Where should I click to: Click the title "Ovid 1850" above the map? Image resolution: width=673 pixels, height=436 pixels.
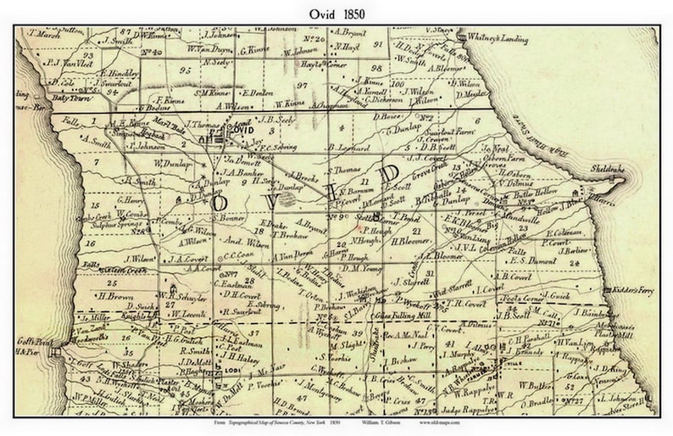[x=336, y=11]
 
